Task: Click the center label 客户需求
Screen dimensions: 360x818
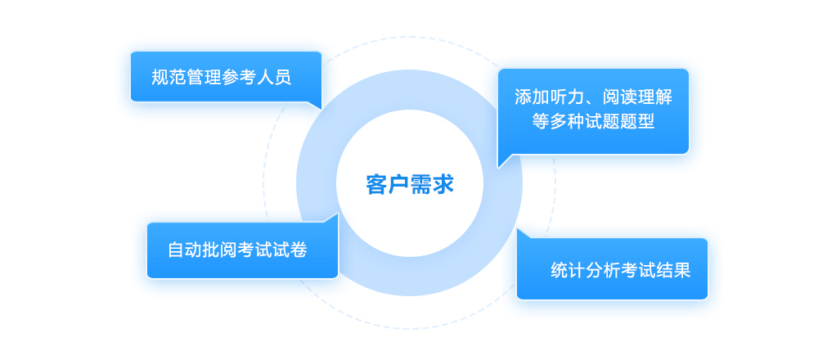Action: coord(409,184)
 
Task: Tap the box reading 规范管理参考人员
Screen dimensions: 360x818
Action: coord(226,77)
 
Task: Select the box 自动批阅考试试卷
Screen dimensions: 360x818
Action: coord(242,250)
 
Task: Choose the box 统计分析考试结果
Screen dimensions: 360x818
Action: coord(612,269)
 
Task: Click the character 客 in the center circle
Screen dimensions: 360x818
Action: coord(376,184)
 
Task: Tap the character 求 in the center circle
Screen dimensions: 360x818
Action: coord(443,184)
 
